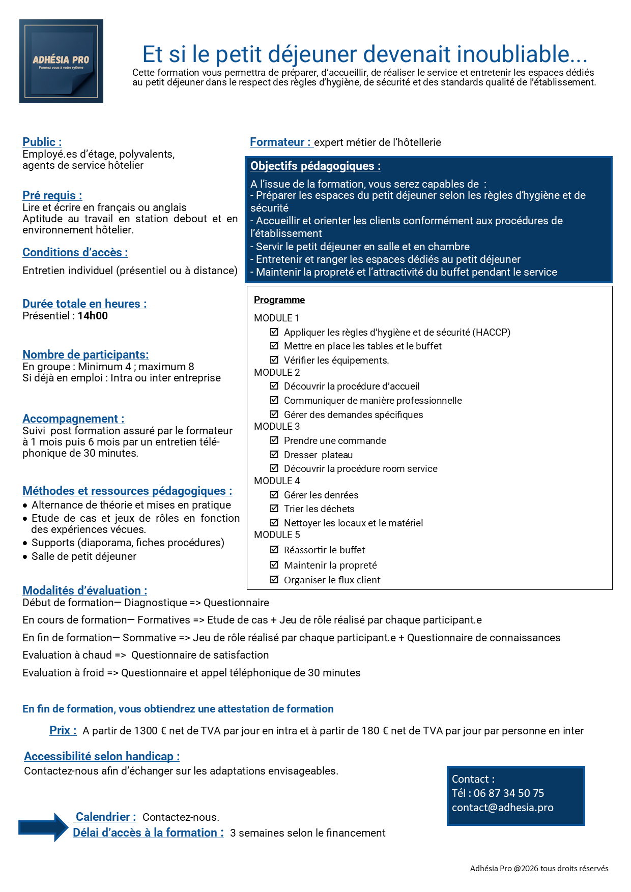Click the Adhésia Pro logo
(x=61, y=61)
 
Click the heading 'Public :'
(x=42, y=142)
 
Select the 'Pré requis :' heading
(x=52, y=195)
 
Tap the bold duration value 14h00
(x=93, y=316)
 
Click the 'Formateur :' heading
(x=280, y=142)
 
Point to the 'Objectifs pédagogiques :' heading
(x=315, y=166)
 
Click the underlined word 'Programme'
(x=279, y=300)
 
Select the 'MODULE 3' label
(x=277, y=426)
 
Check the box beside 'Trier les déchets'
(x=274, y=508)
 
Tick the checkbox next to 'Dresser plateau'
(x=274, y=454)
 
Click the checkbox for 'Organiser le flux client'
(x=274, y=579)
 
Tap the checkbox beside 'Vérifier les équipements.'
(x=274, y=360)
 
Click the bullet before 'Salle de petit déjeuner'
(x=25, y=557)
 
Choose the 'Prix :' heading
(x=63, y=730)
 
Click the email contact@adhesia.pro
(x=502, y=808)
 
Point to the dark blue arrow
(x=43, y=827)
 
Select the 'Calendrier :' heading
(x=105, y=817)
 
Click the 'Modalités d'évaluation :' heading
(x=84, y=590)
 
